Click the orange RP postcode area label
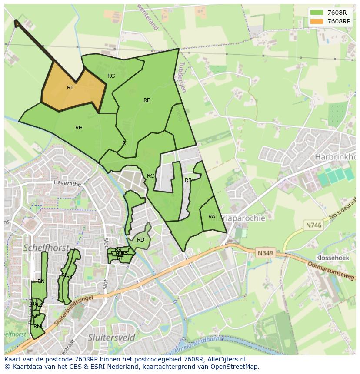click(70, 88)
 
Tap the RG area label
click(111, 76)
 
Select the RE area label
click(147, 100)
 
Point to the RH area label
click(79, 128)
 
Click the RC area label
click(150, 176)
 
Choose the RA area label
click(212, 217)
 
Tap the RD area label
click(140, 240)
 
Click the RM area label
click(37, 327)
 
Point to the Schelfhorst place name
click(47, 248)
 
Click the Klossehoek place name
click(333, 258)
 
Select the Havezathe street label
click(67, 184)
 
